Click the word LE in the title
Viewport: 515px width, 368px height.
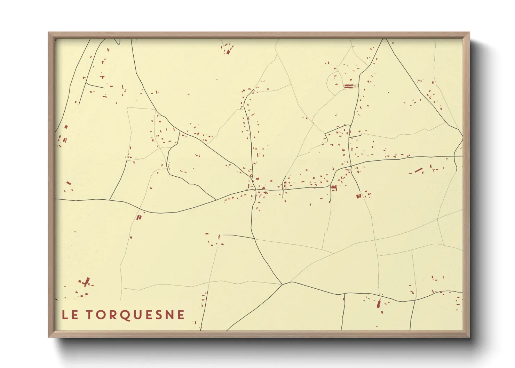pos(70,315)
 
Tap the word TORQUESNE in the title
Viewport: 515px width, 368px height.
pos(135,315)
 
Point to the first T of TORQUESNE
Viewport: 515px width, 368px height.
pos(89,315)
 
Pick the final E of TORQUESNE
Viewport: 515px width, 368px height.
pos(181,315)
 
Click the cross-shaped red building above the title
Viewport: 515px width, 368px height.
pos(86,282)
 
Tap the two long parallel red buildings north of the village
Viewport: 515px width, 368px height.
pos(349,86)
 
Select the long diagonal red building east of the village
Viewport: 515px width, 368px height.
pos(418,170)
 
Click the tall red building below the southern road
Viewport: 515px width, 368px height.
pos(379,303)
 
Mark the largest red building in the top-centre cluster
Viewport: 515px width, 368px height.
pos(228,52)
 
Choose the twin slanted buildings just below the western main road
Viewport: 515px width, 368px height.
pos(139,217)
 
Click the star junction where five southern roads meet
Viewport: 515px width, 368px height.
pos(283,284)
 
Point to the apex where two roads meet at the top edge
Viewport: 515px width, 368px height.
pos(385,39)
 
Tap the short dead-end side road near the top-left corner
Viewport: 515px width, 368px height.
pos(95,86)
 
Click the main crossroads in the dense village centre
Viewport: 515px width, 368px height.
pos(255,190)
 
